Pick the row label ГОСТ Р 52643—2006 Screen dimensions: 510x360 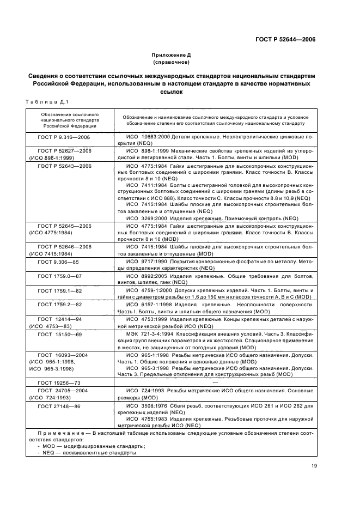(64, 166)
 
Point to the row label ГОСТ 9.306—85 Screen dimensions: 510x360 (59, 262)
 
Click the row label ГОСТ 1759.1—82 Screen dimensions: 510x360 (59, 290)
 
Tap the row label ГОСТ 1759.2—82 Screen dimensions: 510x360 (59, 305)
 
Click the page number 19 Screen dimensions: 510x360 (314, 465)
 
